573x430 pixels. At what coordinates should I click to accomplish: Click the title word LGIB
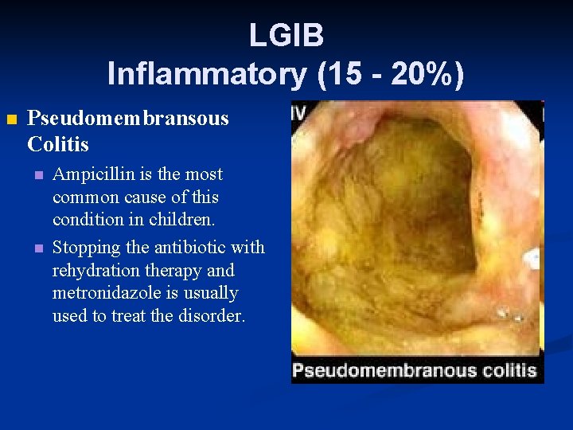[286, 35]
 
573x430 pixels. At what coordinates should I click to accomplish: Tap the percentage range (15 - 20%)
[391, 74]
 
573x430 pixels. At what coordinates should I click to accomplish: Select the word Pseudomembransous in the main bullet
[127, 119]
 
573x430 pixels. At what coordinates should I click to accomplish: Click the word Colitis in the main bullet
[57, 145]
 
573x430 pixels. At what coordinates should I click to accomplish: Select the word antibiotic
[189, 248]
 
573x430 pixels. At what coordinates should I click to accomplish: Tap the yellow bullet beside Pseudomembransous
[11, 120]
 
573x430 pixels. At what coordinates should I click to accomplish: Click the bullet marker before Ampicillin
[37, 175]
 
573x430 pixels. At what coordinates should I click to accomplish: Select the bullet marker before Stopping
[37, 248]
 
